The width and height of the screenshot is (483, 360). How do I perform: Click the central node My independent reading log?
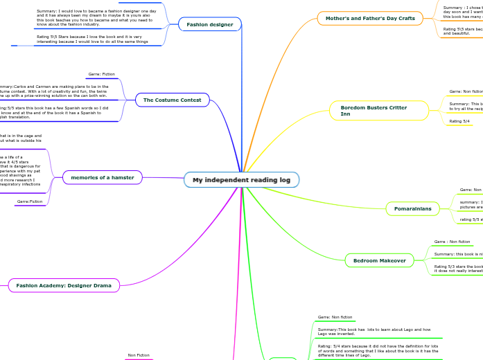tap(241, 180)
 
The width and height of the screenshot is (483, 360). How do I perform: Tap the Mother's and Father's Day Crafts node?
tap(370, 18)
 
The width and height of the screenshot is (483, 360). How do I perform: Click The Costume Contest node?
tap(172, 100)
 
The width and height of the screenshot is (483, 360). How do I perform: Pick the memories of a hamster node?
tap(103, 178)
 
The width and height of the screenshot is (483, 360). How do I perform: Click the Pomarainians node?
tap(412, 208)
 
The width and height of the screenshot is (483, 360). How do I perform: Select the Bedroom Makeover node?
tap(380, 260)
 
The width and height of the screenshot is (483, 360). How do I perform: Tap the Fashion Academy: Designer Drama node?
tap(64, 285)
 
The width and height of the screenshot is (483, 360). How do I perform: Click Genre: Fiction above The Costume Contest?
tap(102, 74)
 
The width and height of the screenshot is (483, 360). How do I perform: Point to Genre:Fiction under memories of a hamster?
tap(30, 201)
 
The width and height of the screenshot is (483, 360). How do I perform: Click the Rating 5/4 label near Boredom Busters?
tap(459, 121)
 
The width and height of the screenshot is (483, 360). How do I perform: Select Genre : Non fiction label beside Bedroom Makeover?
tap(452, 242)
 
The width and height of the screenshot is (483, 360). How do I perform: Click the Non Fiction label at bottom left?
tap(139, 355)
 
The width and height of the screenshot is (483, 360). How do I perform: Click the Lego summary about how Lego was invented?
tap(374, 332)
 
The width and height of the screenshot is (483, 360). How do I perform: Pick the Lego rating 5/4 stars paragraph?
tap(378, 350)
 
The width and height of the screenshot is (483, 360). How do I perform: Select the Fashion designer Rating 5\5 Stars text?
tap(92, 39)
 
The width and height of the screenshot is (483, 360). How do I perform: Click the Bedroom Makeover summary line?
tap(457, 254)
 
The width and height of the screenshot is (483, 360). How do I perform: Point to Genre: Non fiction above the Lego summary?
tap(335, 317)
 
